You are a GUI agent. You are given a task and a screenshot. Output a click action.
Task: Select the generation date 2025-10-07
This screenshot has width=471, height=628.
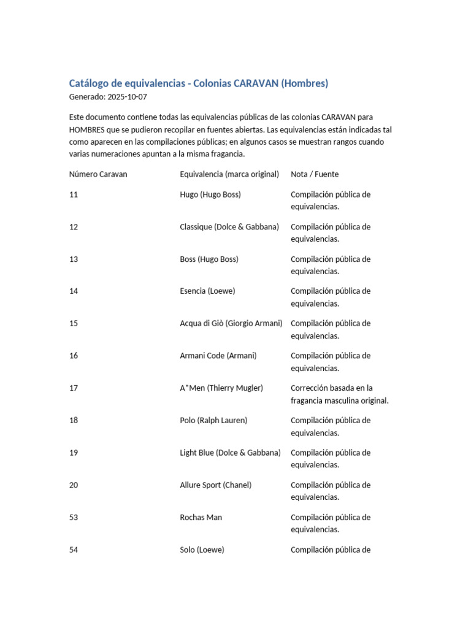coord(127,97)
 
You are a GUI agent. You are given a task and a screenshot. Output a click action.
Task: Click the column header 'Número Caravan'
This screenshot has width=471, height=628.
coord(98,174)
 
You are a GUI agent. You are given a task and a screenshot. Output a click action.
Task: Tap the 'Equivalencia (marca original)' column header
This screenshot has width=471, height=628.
coord(229,174)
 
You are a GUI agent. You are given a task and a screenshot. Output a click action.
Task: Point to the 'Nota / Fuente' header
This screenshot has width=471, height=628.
coord(315,174)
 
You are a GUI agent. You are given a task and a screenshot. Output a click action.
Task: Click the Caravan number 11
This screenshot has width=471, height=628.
coord(74,194)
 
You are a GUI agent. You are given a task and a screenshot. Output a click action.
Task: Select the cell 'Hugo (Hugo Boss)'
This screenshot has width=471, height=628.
coord(210,194)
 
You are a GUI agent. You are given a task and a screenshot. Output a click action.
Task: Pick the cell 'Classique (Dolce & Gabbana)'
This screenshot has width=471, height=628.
coord(229,227)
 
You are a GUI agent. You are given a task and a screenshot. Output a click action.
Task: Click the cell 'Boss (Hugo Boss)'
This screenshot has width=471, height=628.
coord(209,259)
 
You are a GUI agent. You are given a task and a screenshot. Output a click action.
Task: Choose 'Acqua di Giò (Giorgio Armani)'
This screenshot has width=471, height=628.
coord(231,324)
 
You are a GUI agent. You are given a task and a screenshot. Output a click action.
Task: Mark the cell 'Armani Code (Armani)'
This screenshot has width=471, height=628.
coord(218,356)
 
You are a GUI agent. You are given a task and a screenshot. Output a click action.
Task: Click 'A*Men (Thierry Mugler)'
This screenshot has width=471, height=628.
coord(221,388)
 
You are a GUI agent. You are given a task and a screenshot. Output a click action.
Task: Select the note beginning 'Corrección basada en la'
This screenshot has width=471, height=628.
coord(340,394)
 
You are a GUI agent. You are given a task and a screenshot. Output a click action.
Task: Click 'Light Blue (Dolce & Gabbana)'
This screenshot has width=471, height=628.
coord(230,453)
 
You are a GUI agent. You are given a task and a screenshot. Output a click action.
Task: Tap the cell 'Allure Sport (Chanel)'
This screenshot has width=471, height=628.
coord(215,485)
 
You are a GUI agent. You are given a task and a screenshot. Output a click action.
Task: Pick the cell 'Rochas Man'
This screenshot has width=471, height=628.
coord(201,518)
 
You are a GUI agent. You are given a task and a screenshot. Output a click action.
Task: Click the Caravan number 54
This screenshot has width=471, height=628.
coord(74,550)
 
